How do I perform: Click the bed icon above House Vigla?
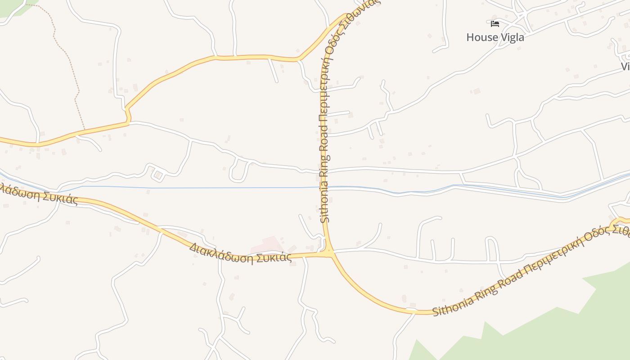(x=495, y=24)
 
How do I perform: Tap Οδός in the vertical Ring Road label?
(x=332, y=48)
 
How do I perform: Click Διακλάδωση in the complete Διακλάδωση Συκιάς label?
(x=221, y=252)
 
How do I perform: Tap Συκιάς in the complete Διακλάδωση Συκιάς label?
(x=274, y=257)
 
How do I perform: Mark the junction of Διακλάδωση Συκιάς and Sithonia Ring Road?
(x=332, y=254)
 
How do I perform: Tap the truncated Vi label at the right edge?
(x=625, y=67)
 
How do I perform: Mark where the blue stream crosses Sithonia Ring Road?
(x=325, y=186)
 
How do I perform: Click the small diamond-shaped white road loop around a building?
(x=157, y=175)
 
